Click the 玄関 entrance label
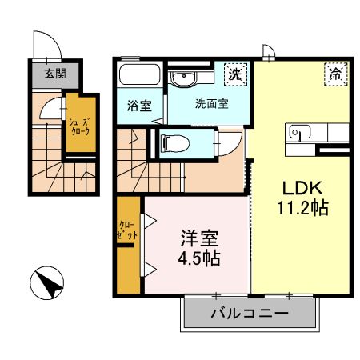pyautogui.click(x=55, y=74)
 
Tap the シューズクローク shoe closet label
pyautogui.click(x=79, y=126)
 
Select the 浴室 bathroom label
pyautogui.click(x=139, y=106)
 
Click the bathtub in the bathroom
pyautogui.click(x=138, y=74)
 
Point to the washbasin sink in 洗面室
pyautogui.click(x=184, y=78)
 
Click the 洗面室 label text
pyautogui.click(x=212, y=104)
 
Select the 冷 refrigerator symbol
pyautogui.click(x=336, y=74)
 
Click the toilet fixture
pyautogui.click(x=175, y=143)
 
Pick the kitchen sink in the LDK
pyautogui.click(x=300, y=132)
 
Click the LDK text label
pyautogui.click(x=302, y=188)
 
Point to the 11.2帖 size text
pyautogui.click(x=303, y=208)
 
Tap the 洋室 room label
pyautogui.click(x=199, y=238)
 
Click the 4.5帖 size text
pyautogui.click(x=199, y=258)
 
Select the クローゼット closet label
pyautogui.click(x=127, y=230)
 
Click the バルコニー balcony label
pyautogui.click(x=250, y=313)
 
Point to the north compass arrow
pyautogui.click(x=47, y=282)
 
